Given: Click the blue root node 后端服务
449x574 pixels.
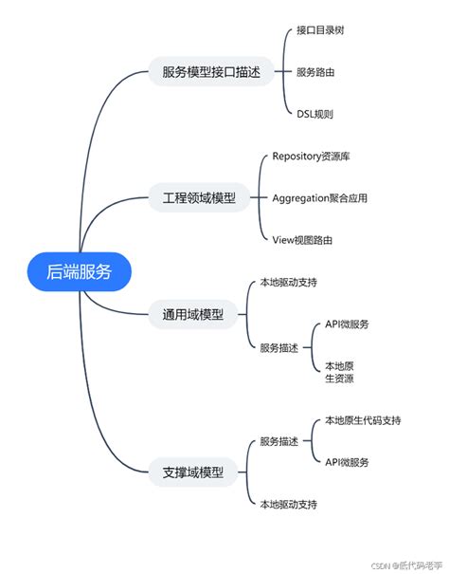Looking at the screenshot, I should pyautogui.click(x=80, y=271).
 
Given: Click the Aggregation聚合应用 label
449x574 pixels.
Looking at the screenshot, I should pyautogui.click(x=319, y=198).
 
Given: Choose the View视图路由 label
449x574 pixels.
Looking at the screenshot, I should pyautogui.click(x=302, y=240).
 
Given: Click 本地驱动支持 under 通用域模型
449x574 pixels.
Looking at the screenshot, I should pyautogui.click(x=288, y=283).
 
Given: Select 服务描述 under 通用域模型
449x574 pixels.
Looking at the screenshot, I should pyautogui.click(x=278, y=347).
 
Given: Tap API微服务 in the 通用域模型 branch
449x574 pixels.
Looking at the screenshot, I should pyautogui.click(x=347, y=324).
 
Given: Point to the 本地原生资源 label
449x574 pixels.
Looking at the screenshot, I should pyautogui.click(x=339, y=371).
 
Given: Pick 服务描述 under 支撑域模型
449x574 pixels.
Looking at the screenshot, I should pyautogui.click(x=278, y=441).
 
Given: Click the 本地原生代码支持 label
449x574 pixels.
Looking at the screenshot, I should pyautogui.click(x=362, y=419).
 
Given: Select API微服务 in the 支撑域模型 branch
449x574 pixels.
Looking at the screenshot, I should pyautogui.click(x=347, y=462).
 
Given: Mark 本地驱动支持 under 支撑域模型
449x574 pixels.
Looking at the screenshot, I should pyautogui.click(x=288, y=503).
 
